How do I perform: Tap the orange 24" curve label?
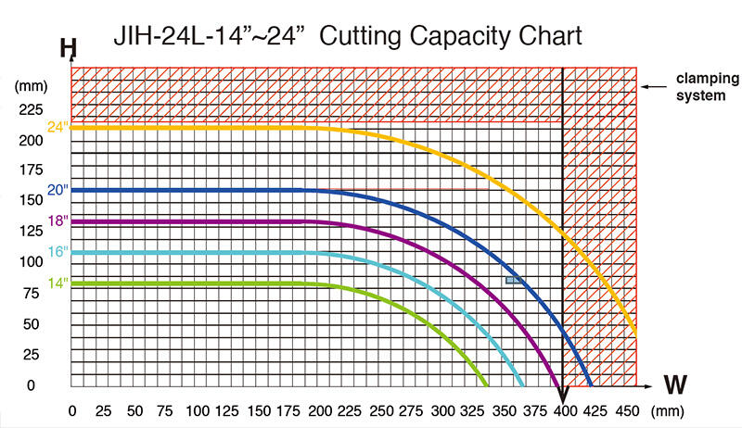click(x=58, y=127)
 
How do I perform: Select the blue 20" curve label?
click(x=58, y=190)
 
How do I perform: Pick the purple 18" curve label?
click(x=58, y=220)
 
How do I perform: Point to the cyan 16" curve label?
click(x=58, y=252)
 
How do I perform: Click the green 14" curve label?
click(x=58, y=283)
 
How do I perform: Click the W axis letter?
click(x=676, y=383)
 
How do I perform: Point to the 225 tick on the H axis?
click(x=32, y=109)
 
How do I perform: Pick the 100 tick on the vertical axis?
click(x=32, y=262)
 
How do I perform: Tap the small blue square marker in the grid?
click(x=510, y=280)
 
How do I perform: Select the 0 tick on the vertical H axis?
click(x=32, y=384)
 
